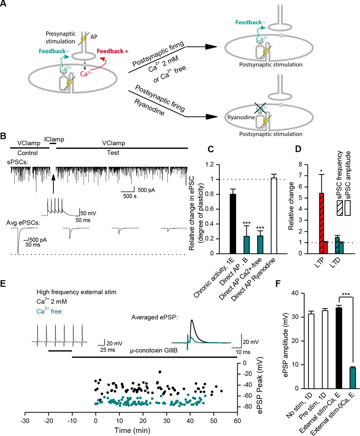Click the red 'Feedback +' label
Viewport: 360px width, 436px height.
(x=112, y=51)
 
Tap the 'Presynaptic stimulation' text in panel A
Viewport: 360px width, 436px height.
(x=60, y=37)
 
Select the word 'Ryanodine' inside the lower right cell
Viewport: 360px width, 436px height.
(x=241, y=117)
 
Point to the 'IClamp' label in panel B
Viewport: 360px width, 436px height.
(x=54, y=140)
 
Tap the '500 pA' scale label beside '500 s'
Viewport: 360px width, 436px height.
(x=146, y=190)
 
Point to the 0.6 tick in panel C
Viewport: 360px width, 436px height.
(x=209, y=209)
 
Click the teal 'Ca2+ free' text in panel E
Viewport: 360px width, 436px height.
(x=49, y=311)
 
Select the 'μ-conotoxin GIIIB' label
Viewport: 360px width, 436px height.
(x=154, y=351)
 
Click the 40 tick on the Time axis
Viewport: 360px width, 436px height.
(x=190, y=420)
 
